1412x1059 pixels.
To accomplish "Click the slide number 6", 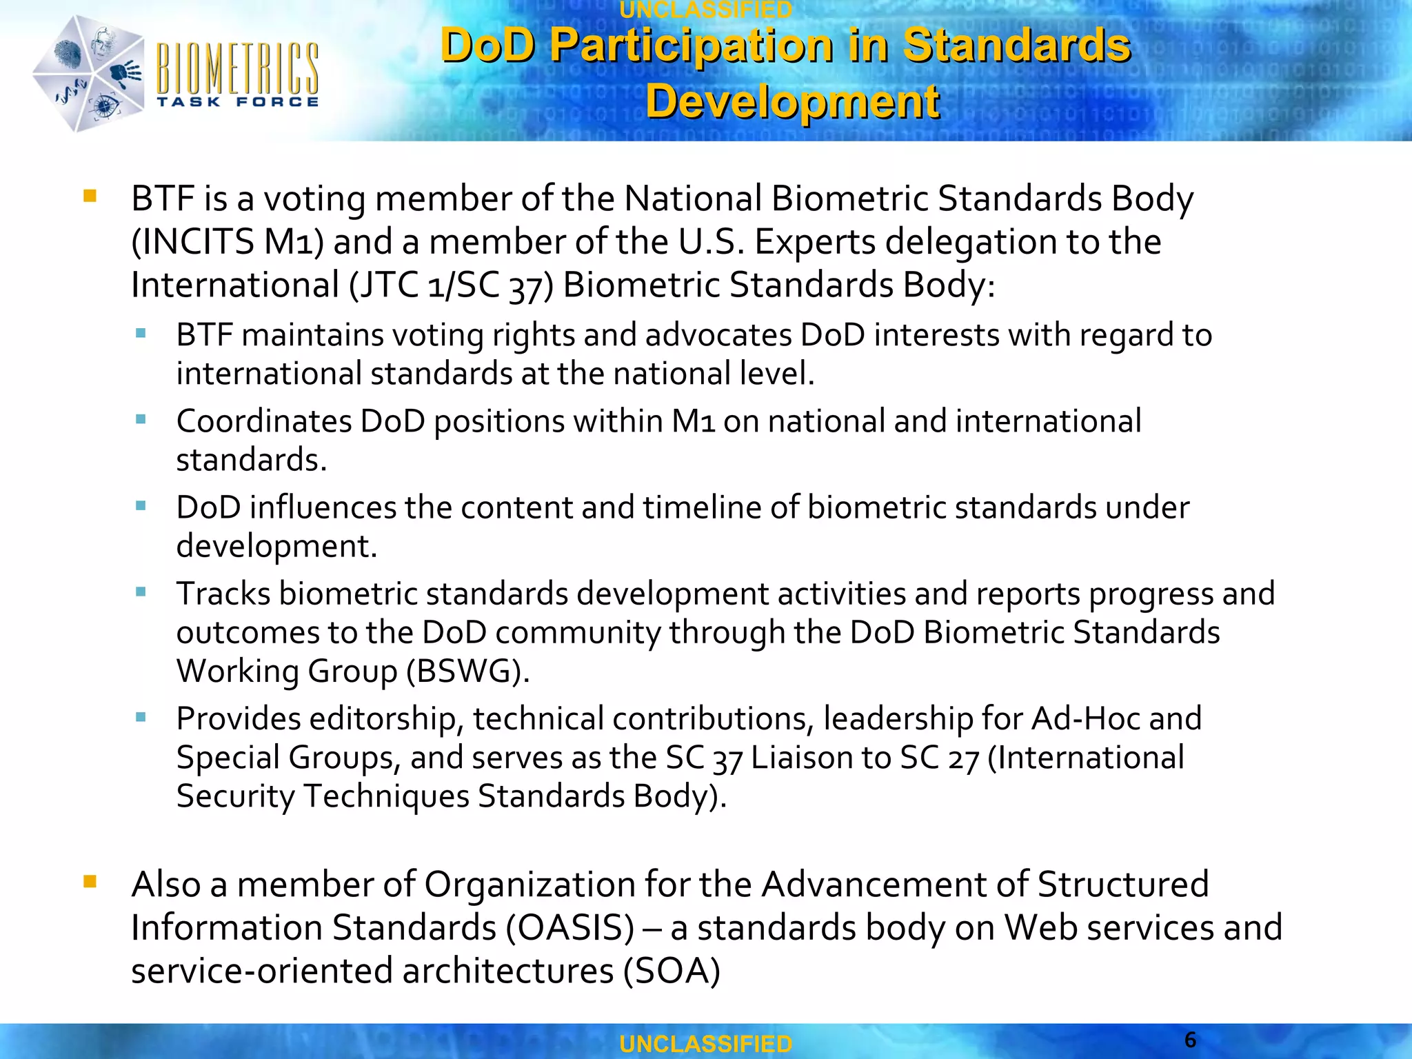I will point(1190,1040).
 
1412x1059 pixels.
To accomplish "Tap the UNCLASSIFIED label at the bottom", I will point(706,1044).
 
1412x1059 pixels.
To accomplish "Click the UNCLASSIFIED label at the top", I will point(706,10).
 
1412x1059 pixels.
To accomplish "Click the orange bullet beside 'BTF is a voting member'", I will point(90,196).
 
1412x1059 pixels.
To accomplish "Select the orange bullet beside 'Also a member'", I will point(90,881).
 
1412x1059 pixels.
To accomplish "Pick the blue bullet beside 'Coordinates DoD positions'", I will point(141,419).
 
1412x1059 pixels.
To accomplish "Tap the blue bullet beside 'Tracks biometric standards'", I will point(141,592).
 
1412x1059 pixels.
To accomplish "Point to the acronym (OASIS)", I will point(569,927).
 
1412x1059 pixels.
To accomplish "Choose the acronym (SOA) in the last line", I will point(672,971).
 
